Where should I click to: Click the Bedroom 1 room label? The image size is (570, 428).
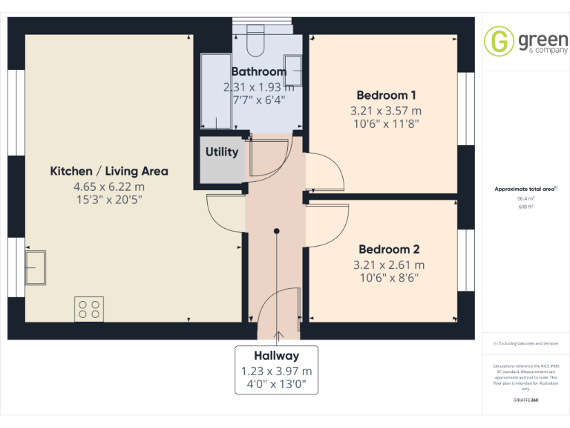386,95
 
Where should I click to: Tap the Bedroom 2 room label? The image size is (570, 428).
389,250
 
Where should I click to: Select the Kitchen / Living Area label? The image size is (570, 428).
108,171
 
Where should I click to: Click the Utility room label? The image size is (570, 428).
222,152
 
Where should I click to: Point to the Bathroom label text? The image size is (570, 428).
258,72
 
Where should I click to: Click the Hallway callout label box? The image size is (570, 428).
277,370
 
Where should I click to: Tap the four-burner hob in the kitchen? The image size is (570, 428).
88,309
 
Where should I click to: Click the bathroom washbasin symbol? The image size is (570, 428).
294,71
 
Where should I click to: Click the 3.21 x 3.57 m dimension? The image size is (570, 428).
386,110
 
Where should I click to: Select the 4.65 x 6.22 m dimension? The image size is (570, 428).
108,187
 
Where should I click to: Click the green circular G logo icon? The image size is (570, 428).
499,41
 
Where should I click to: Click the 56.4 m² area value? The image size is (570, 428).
525,199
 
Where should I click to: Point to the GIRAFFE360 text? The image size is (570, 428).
525,401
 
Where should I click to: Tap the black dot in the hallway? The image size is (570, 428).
276,231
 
